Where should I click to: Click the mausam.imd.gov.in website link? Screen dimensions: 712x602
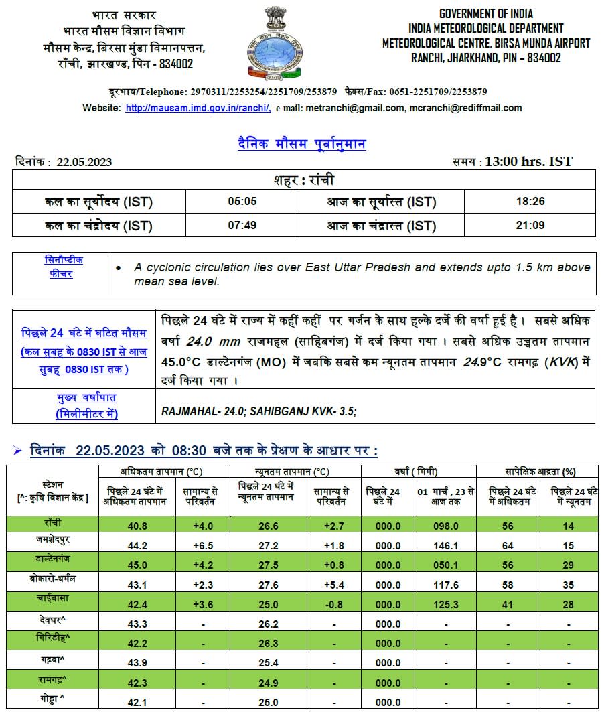(x=198, y=108)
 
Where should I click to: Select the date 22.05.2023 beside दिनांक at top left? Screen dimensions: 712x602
(x=84, y=162)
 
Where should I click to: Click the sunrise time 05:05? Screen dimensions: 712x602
(x=242, y=202)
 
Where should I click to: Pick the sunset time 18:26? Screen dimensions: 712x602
(x=530, y=202)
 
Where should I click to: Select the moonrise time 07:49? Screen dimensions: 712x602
(x=242, y=225)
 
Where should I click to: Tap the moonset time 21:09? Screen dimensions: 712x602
(x=530, y=225)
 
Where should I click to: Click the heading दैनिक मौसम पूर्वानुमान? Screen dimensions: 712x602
(x=301, y=144)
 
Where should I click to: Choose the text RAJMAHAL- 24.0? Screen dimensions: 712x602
(x=199, y=411)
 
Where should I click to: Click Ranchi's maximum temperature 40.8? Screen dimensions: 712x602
(x=137, y=526)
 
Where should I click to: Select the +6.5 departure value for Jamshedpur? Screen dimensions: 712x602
(x=202, y=546)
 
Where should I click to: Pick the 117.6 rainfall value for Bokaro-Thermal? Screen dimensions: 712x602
(x=447, y=585)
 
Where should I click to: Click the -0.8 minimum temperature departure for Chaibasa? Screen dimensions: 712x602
(x=333, y=604)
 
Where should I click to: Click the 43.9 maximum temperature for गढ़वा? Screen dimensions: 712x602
(x=137, y=662)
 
